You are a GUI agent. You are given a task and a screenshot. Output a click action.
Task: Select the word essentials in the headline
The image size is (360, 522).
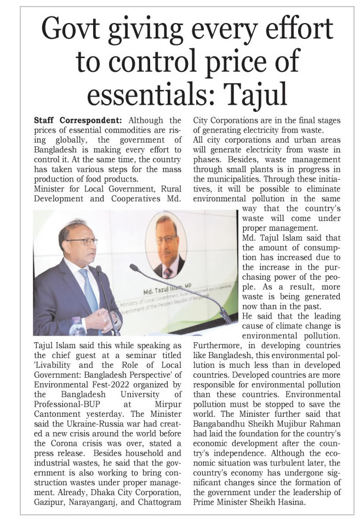tap(156, 94)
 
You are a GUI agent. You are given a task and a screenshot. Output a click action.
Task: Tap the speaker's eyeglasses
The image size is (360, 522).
tap(85, 241)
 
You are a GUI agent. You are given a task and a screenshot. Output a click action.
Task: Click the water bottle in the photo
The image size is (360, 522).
tap(77, 327)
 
